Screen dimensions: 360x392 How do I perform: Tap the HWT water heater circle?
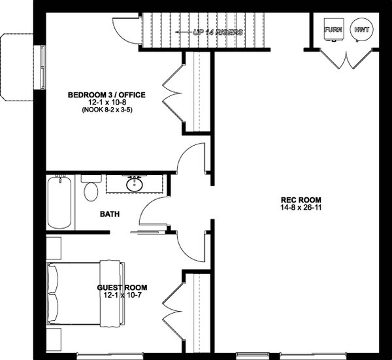[359, 30]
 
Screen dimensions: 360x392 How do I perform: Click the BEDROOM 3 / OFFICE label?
[106, 95]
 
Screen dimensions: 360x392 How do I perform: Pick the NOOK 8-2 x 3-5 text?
[106, 111]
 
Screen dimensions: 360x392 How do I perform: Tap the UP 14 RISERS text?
[219, 31]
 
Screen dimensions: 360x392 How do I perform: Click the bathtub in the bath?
[61, 203]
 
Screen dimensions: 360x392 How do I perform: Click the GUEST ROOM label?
[122, 287]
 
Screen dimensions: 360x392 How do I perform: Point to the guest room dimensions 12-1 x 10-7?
[122, 295]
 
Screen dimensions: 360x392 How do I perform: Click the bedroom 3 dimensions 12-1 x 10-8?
[106, 103]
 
